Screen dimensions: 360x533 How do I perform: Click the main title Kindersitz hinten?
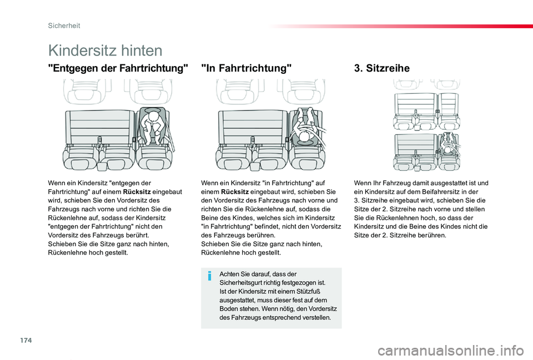coord(105,50)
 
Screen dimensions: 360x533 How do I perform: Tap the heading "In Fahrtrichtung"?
coord(247,69)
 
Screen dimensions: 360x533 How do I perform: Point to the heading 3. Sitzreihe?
coord(381,69)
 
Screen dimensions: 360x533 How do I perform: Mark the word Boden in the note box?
coord(229,309)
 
